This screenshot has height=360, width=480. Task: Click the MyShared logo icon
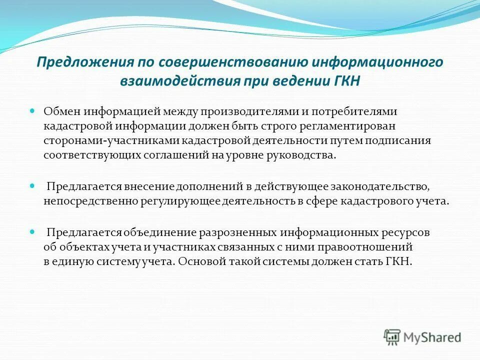(392, 337)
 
